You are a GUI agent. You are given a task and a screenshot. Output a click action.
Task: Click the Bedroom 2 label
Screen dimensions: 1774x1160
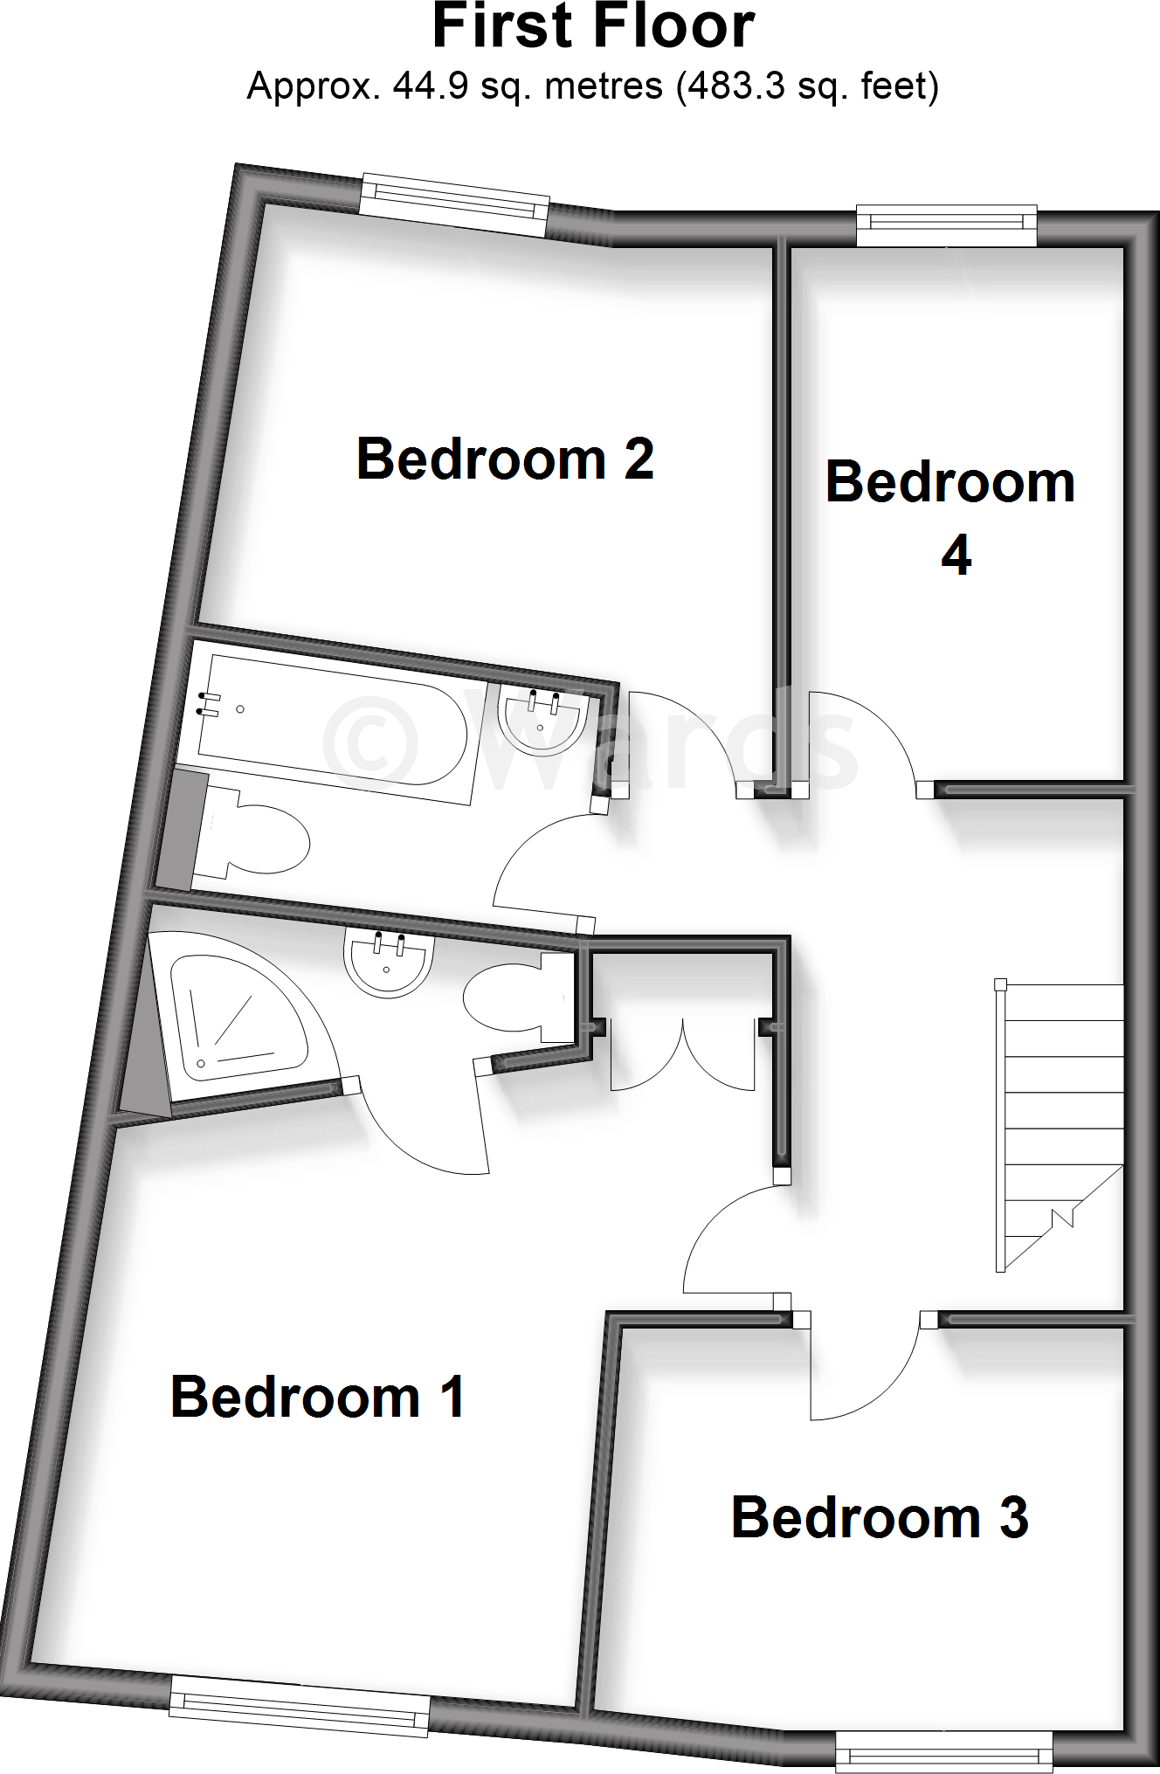click(x=505, y=459)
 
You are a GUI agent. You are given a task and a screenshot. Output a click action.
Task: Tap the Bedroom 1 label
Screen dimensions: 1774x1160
click(x=317, y=1397)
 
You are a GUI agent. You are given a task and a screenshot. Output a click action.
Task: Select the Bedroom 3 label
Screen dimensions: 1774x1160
click(x=880, y=1517)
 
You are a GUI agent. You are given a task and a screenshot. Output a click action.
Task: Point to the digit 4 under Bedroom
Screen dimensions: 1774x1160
click(x=956, y=556)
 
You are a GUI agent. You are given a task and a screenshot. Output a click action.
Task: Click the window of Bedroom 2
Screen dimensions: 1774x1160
click(x=454, y=206)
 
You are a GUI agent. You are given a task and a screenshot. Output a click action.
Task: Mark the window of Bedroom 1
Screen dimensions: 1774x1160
click(x=300, y=1704)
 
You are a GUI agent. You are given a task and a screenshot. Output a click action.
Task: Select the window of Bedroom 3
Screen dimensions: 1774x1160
click(x=943, y=1750)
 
